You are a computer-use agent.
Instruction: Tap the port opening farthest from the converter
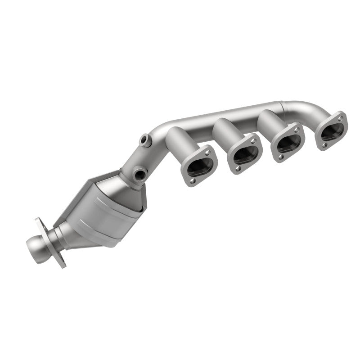[x=332, y=130]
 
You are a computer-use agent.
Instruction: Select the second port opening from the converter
[x=244, y=154]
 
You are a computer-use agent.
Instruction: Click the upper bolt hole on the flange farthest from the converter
[x=341, y=118]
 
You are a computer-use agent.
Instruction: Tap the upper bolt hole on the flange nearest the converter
[x=208, y=153]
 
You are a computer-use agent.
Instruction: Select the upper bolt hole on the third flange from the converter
[x=297, y=130]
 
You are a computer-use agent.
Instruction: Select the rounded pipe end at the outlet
[x=34, y=246]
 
